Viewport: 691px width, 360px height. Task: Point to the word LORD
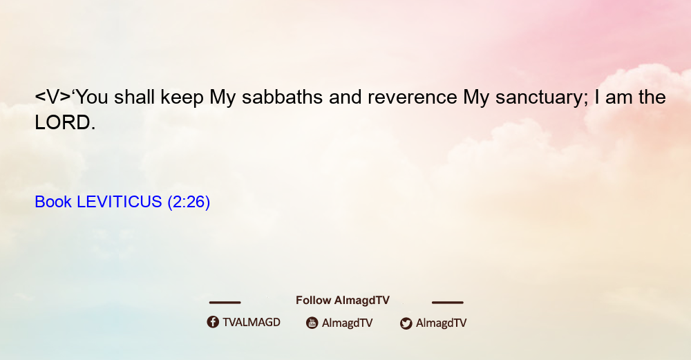[65, 123]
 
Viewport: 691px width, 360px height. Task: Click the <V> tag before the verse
[53, 97]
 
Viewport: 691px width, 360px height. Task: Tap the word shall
[134, 97]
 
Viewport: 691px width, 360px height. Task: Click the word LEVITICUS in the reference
[120, 202]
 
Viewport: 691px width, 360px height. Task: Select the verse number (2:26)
[189, 202]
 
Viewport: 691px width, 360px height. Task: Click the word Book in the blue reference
[53, 202]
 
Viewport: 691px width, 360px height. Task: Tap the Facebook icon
[213, 322]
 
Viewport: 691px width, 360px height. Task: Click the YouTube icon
[312, 323]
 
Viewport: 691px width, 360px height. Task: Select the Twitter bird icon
[406, 323]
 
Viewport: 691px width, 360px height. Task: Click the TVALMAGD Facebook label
[252, 323]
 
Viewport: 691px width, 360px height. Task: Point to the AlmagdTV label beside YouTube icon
[348, 323]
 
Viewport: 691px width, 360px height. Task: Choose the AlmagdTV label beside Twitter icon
[441, 323]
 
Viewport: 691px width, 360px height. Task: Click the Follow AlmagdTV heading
[343, 301]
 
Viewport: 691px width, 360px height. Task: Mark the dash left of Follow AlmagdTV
[225, 303]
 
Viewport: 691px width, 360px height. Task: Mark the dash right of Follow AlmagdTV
[448, 303]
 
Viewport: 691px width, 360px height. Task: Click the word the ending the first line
[652, 97]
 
